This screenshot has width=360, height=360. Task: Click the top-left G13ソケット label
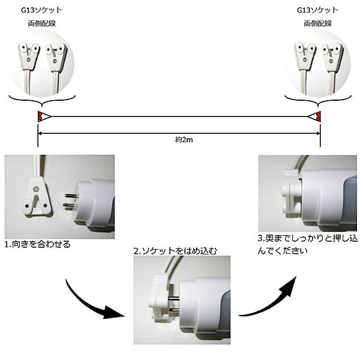pos(41,10)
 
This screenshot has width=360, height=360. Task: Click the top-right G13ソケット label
pos(317,10)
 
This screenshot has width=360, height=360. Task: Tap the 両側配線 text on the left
pos(42,23)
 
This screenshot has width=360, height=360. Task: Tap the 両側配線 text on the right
pos(318,23)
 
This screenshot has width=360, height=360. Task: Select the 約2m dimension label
pos(184,140)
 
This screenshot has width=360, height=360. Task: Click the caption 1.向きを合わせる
pos(38,244)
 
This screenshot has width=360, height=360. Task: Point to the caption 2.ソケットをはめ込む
pos(175,251)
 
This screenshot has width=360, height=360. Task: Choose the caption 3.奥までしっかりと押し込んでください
pos(307,245)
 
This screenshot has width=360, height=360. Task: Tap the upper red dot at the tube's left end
pos(40,114)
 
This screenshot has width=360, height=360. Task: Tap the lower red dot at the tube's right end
pos(319,118)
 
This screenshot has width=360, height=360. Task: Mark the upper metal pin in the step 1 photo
pos(71,196)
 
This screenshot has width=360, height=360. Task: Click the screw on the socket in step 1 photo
pos(36,190)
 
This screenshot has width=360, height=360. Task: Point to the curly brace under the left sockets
pos(42,101)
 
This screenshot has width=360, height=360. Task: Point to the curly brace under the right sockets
pos(318,101)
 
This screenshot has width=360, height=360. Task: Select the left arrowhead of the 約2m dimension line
pos(40,133)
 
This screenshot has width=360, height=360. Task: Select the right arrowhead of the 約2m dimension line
pos(318,133)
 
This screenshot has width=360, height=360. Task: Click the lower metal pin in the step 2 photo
pos(174,310)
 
